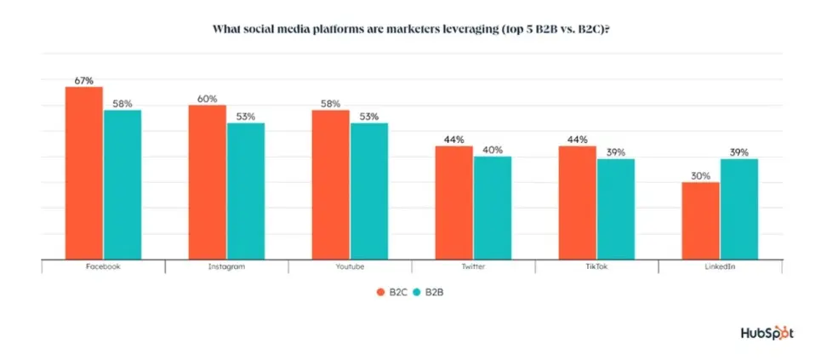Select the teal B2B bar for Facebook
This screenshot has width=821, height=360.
pos(122,185)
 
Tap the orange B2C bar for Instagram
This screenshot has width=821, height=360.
pos(207,182)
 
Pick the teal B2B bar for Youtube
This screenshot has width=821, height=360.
pos(369,191)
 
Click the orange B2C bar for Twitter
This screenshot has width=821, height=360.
pos(453,203)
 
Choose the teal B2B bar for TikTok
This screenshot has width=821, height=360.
pos(616,209)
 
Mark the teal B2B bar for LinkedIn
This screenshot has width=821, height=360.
pos(738,209)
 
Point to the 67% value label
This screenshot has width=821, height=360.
pos(83,80)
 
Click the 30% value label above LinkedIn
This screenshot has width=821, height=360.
pos(700,175)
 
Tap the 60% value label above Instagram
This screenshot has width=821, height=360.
pos(207,98)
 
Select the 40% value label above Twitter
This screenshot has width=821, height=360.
pos(493,150)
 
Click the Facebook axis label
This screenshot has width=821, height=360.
pos(103,266)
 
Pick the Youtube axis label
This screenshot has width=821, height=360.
pos(350,266)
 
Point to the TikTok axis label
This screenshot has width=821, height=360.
pos(596,266)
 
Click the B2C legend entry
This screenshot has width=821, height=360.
pos(391,292)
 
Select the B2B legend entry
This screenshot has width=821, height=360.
pos(430,292)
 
